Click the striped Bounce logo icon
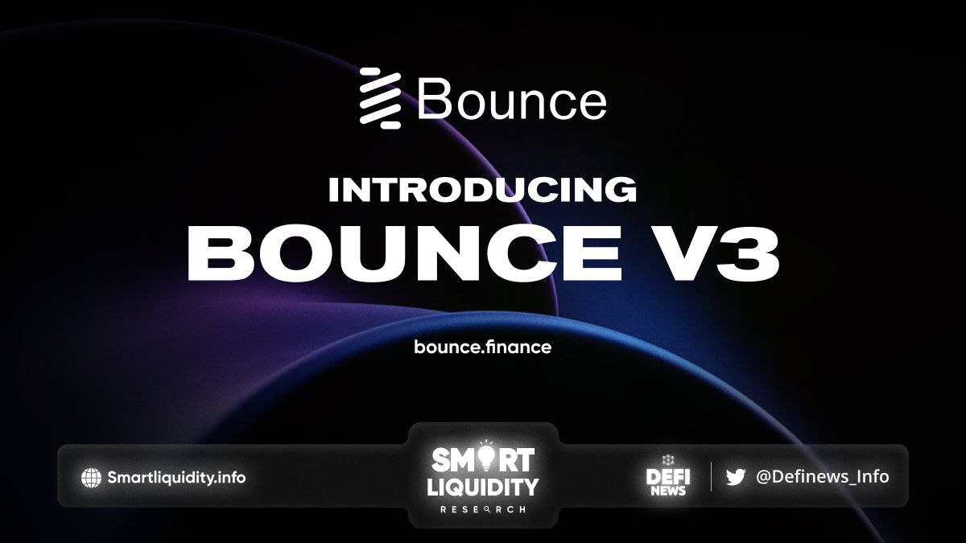(x=380, y=98)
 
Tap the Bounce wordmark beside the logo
(x=512, y=99)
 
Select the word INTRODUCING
(x=482, y=190)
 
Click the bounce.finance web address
(x=482, y=347)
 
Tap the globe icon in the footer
(x=91, y=478)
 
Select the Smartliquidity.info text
(x=176, y=478)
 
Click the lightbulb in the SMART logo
(x=485, y=457)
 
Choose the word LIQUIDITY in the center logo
(x=482, y=487)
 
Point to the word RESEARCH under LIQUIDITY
(x=482, y=509)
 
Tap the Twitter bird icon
(x=735, y=477)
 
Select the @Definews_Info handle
(x=823, y=477)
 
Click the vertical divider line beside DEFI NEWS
(x=711, y=476)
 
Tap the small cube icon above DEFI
(x=668, y=460)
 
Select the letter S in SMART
(x=442, y=459)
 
